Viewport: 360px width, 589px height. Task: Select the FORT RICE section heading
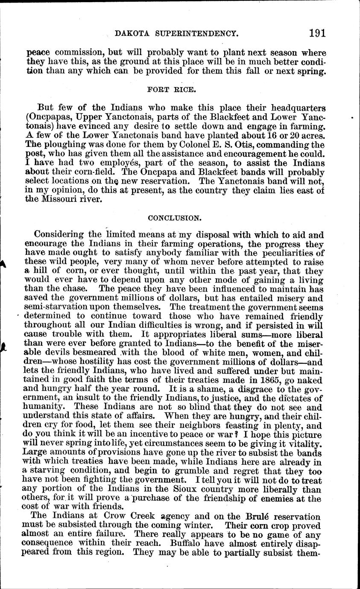[174, 90]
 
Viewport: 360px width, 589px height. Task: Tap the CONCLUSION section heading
[174, 218]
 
